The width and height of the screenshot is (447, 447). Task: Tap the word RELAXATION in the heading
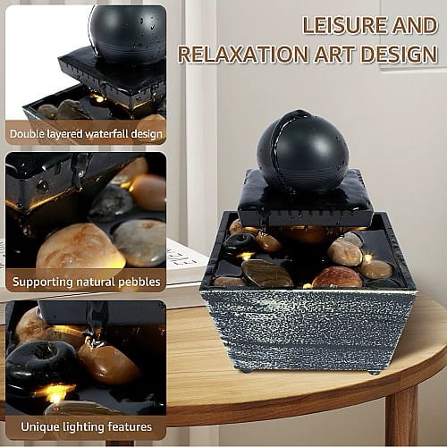243,54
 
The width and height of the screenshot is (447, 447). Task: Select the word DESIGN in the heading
400,54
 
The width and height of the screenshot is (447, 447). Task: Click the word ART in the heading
335,54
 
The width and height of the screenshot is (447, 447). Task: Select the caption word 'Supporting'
42,283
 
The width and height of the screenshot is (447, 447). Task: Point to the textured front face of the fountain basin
307,329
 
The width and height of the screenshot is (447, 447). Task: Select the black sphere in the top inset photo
128,34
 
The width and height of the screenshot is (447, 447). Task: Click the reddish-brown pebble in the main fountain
337,277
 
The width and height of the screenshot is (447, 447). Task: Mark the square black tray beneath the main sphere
306,199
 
